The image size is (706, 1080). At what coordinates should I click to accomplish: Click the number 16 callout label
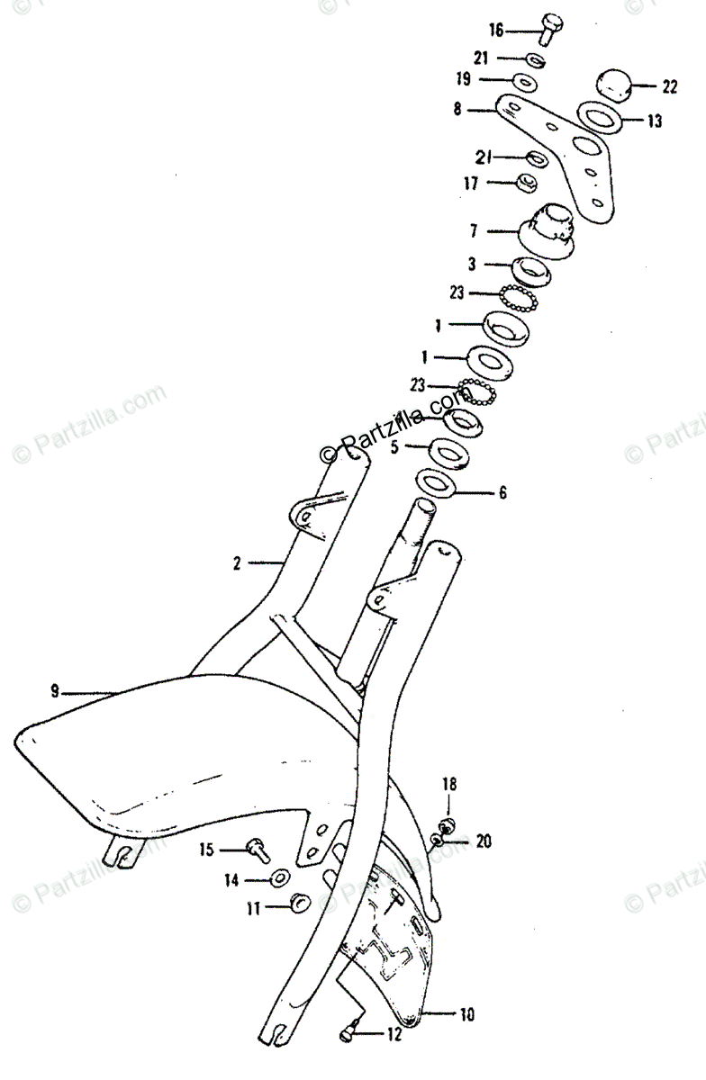(495, 31)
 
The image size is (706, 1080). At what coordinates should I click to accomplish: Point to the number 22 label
(668, 87)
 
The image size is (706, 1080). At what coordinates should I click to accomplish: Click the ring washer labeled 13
(598, 119)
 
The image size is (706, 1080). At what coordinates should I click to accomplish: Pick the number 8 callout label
(457, 111)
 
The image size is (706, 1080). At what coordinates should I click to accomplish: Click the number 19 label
(463, 80)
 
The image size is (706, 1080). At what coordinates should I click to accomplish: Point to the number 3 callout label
(470, 265)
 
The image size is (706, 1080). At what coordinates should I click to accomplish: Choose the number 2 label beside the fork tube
(236, 564)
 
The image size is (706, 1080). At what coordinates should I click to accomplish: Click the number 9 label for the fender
(55, 691)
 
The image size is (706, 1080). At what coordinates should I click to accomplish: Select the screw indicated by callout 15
(258, 846)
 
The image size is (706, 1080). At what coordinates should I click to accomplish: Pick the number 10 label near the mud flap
(466, 1015)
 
